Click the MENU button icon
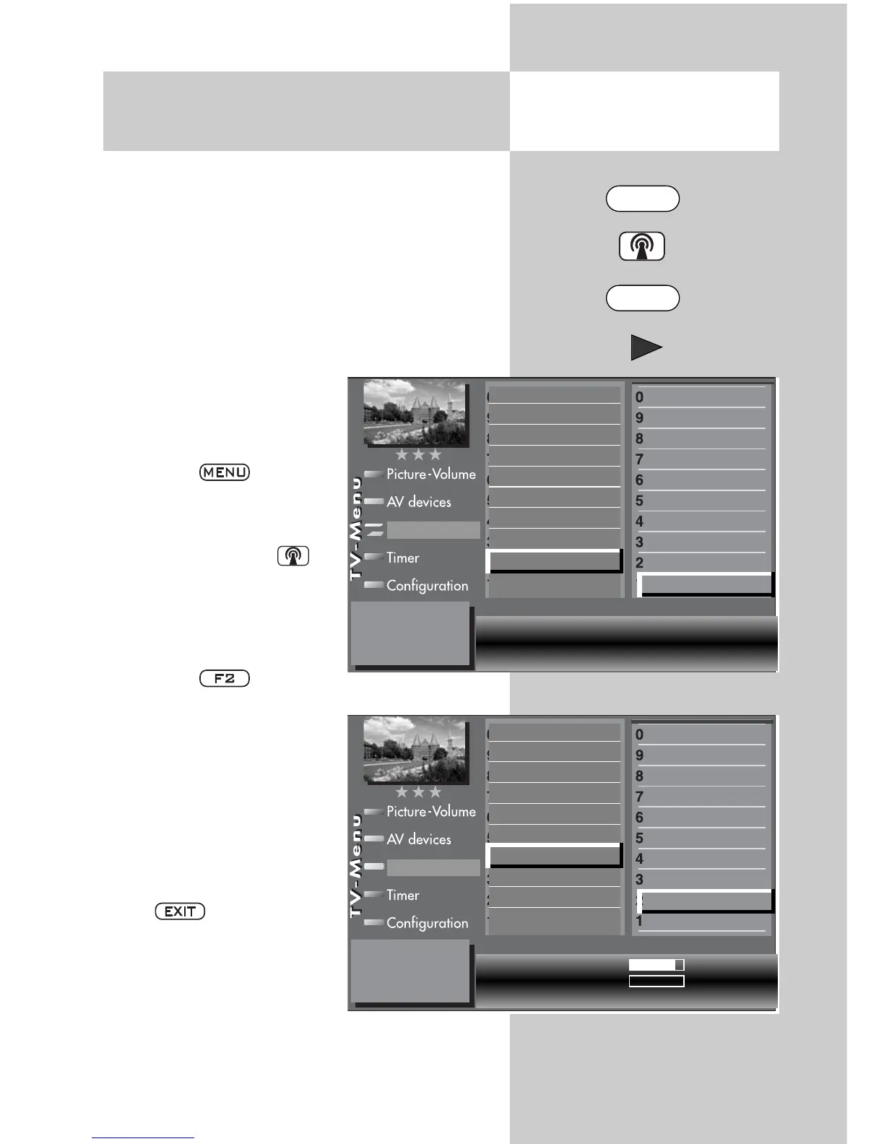225,472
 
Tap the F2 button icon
225,678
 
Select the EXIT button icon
180,911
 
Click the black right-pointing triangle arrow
646,347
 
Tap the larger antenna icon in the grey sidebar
642,246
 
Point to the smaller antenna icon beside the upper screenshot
292,556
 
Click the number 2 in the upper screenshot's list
639,563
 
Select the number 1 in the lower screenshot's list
639,922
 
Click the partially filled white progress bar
656,965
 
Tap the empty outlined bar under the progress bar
656,981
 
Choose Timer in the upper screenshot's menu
402,558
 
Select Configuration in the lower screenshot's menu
427,923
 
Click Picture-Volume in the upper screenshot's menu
430,474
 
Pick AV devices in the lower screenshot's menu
418,839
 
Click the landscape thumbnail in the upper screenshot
415,412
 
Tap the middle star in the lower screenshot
418,792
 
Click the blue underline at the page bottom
143,1138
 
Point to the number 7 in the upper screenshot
639,459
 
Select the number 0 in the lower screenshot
639,734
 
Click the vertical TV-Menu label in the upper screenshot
355,528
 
